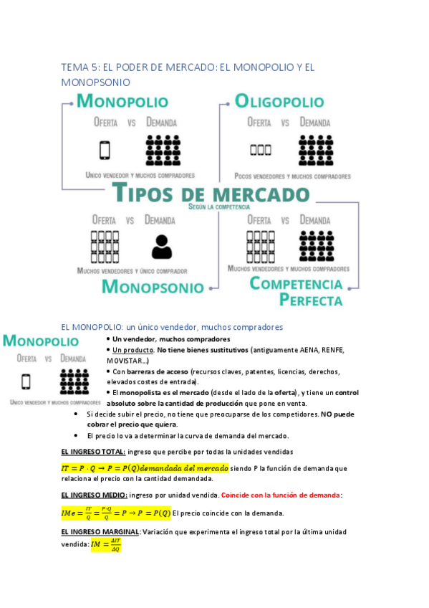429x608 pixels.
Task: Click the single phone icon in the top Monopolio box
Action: [x=105, y=151]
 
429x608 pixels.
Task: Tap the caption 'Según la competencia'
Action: [x=218, y=206]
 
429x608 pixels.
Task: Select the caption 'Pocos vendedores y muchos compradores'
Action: [x=291, y=176]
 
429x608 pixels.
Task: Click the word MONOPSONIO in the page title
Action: [x=95, y=83]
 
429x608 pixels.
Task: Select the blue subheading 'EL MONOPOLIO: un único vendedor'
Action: [x=172, y=327]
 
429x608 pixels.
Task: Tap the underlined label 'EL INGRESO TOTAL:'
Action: [x=93, y=451]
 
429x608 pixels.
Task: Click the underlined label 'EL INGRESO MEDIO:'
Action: [x=95, y=495]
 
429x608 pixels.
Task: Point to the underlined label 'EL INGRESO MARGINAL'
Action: [x=100, y=532]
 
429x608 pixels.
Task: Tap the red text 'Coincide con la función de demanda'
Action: [x=281, y=495]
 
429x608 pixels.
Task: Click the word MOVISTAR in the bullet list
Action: [x=127, y=360]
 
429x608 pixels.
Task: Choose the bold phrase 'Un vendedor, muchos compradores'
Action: [x=171, y=339]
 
